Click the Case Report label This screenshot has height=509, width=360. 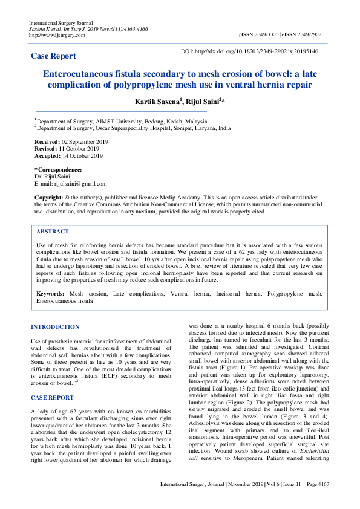(53, 56)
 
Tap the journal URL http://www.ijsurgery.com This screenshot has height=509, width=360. (57, 35)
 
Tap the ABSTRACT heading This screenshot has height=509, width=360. (53, 232)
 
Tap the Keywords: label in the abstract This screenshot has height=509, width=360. (51, 293)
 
